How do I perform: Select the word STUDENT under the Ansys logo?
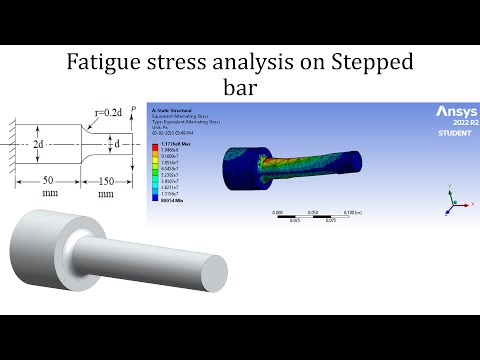[455, 133]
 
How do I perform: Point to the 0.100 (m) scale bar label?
[349, 213]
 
